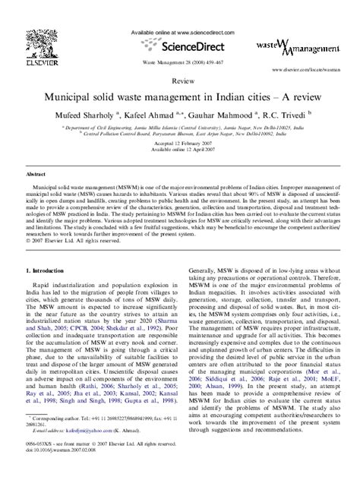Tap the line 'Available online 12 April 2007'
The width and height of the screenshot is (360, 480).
180,150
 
